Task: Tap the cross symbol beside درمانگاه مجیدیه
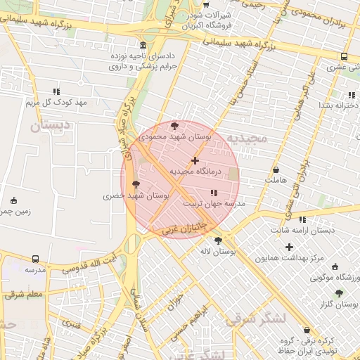tap(195, 161)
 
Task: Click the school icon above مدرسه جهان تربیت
tap(214, 193)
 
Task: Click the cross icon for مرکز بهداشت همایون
tap(289, 247)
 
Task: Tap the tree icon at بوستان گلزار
tap(339, 293)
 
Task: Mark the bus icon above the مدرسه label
tap(35, 259)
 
